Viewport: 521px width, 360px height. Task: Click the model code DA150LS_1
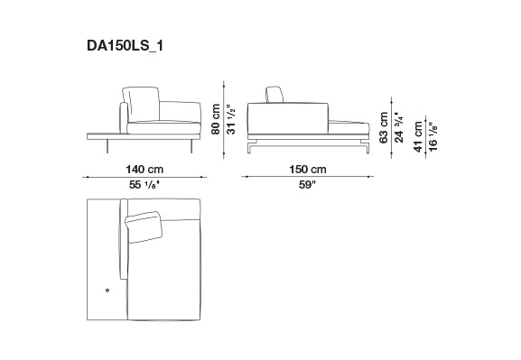125,45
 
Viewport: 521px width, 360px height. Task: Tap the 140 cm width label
144,170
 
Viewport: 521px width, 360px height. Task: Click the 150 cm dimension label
308,170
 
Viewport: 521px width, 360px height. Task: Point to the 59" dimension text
307,185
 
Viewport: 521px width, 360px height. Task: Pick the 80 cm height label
216,119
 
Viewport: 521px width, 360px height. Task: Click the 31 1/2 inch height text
231,120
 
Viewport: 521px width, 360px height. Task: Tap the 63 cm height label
384,127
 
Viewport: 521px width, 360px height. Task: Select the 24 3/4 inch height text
399,128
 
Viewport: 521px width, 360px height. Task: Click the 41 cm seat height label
418,137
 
